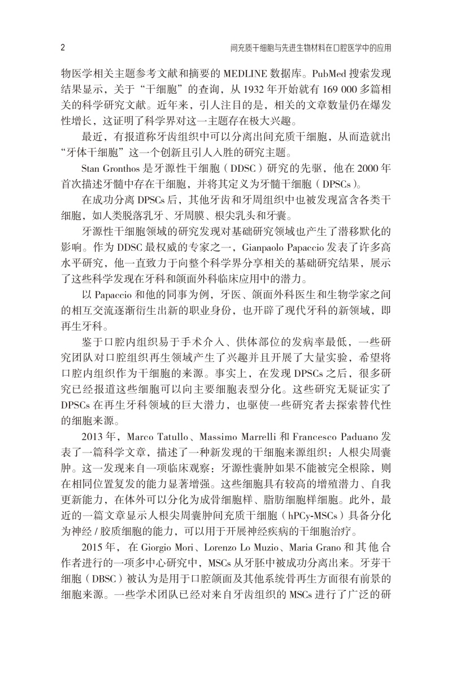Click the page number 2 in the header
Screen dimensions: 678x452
tap(62, 48)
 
